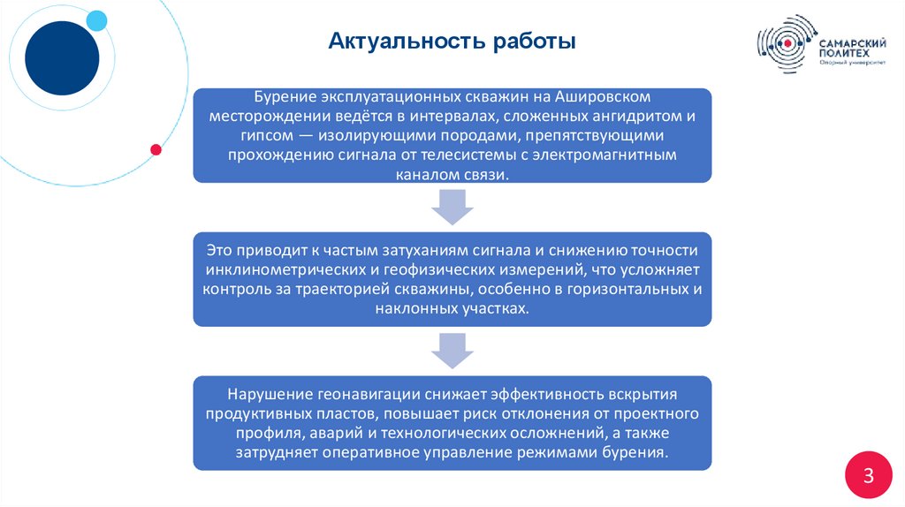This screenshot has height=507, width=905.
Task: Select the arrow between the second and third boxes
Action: click(x=452, y=351)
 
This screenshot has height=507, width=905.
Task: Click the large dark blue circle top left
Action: click(x=62, y=57)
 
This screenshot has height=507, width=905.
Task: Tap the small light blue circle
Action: click(x=96, y=20)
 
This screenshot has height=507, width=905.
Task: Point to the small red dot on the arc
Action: click(x=156, y=149)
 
